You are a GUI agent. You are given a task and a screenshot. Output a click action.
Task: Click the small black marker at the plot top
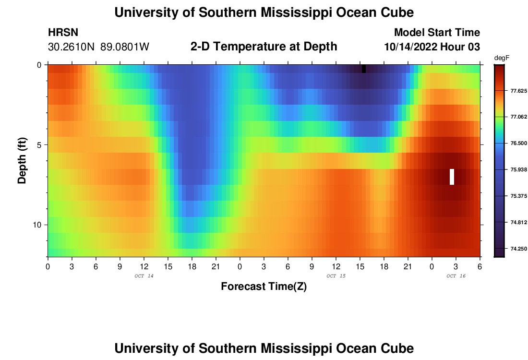pos(364,69)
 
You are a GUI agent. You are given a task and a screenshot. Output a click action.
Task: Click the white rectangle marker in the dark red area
pos(452,177)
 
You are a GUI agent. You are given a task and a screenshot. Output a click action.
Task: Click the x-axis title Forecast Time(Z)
pos(264,287)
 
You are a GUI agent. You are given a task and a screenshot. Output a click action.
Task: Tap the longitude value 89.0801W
pos(125,47)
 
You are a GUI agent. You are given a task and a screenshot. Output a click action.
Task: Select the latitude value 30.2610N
pos(71,47)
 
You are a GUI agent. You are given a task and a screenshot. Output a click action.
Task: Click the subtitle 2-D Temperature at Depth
pos(264,47)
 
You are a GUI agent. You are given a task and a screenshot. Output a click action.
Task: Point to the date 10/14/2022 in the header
pos(414,47)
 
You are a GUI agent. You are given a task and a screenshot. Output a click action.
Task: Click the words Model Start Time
pos(437,33)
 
